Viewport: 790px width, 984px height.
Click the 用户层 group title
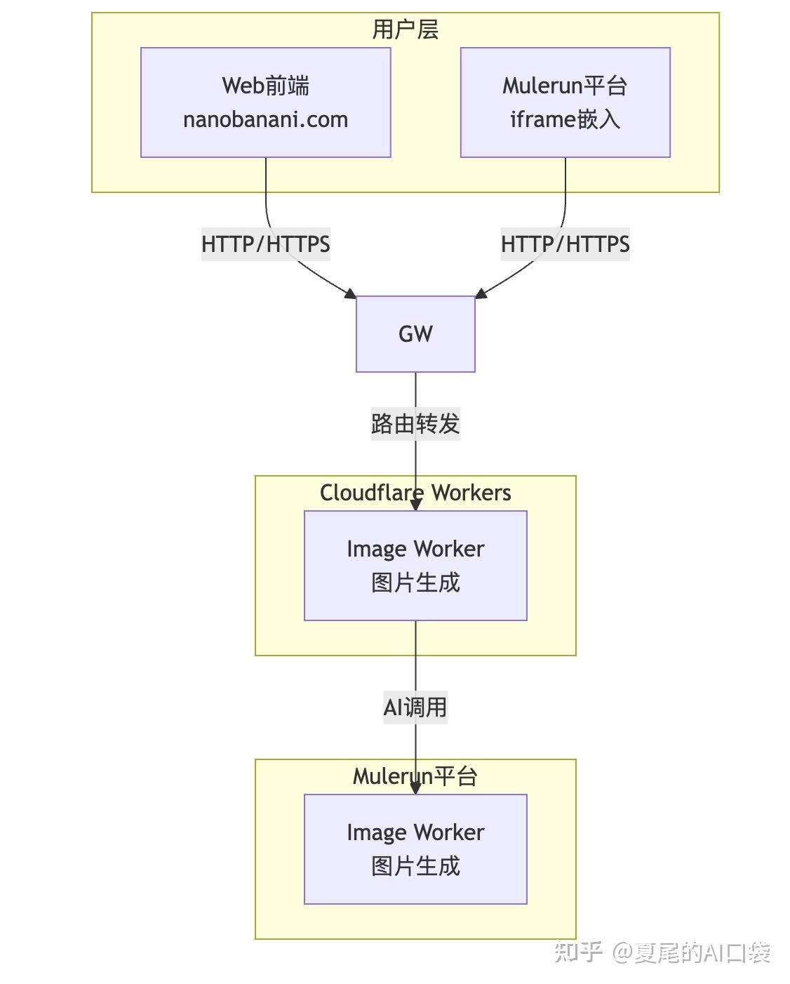click(x=405, y=29)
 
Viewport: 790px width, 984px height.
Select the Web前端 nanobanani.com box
click(x=265, y=102)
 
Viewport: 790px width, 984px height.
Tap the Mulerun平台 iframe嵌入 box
click(x=565, y=102)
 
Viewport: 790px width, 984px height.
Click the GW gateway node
click(x=415, y=334)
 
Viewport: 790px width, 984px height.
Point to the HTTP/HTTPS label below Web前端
click(x=265, y=244)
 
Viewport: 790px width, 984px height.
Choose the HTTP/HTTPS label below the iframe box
click(x=565, y=244)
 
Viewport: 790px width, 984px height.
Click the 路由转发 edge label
click(x=415, y=424)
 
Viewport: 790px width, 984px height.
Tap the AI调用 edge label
click(x=415, y=707)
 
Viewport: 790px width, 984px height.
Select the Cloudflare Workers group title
click(x=415, y=493)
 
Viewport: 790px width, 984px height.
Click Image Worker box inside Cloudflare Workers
click(x=415, y=566)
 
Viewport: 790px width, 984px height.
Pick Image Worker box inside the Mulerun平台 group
click(x=415, y=849)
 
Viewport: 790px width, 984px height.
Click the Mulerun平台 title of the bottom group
click(x=415, y=776)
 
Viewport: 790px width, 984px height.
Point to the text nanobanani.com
click(x=265, y=119)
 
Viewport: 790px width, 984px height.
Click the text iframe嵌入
click(x=565, y=119)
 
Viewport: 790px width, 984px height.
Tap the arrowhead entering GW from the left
click(x=350, y=293)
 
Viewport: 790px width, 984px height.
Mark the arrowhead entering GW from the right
click(x=481, y=293)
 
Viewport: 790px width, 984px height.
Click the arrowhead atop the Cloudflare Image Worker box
click(x=415, y=505)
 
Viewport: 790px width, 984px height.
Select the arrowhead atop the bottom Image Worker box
click(x=415, y=788)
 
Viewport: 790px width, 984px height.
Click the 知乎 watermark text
click(x=578, y=952)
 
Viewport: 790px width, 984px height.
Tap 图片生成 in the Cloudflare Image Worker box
click(x=415, y=583)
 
